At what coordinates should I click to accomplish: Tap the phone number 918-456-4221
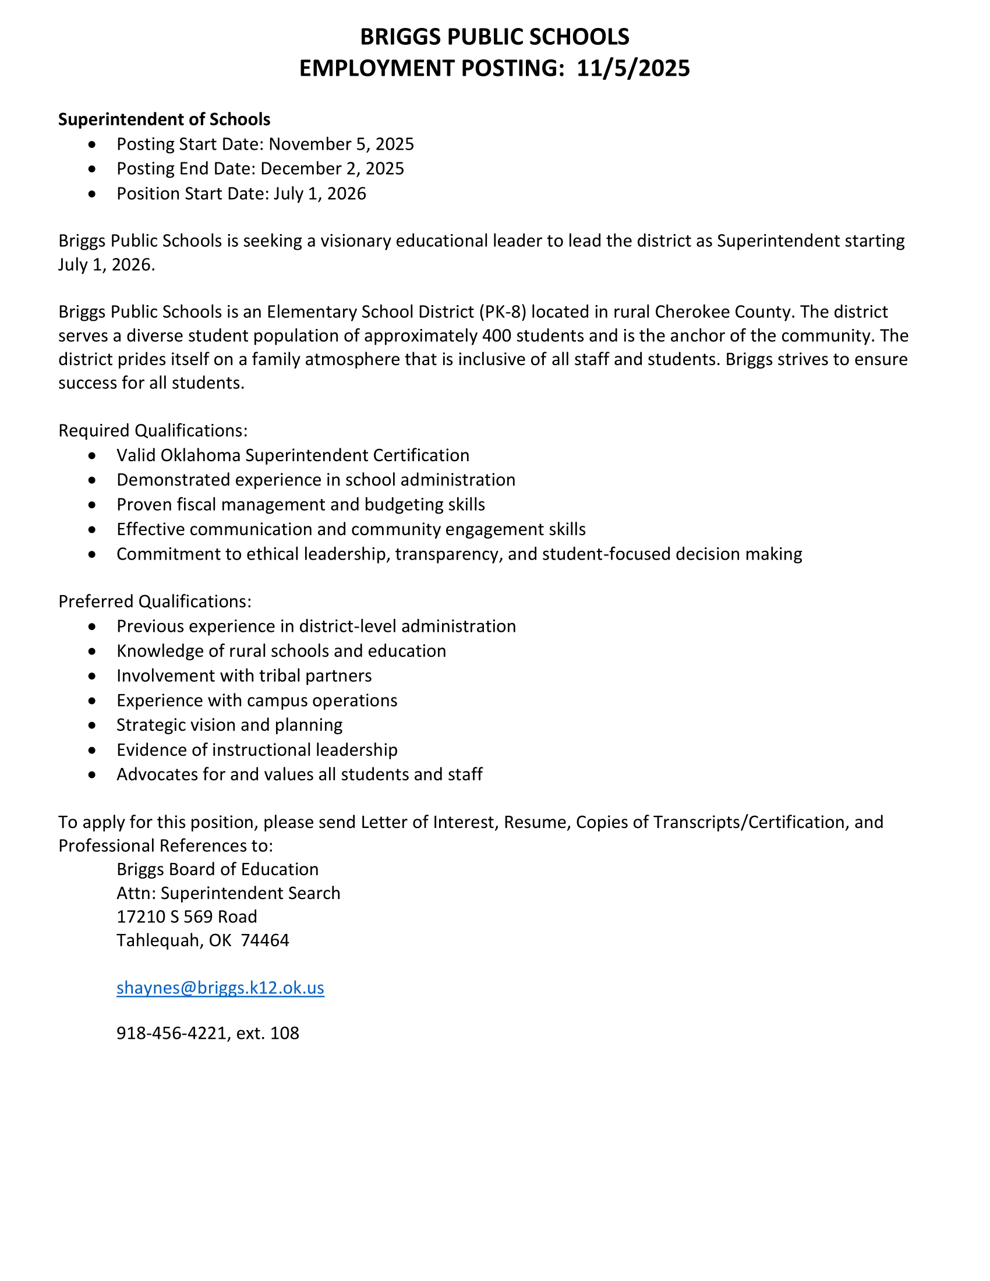174,1033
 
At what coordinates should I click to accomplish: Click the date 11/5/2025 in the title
633,69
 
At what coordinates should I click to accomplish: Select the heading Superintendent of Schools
164,119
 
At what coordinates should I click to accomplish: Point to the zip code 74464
265,940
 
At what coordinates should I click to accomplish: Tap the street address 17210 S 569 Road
186,916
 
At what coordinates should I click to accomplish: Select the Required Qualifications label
153,430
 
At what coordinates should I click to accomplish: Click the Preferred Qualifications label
155,601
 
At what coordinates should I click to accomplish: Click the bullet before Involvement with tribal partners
92,676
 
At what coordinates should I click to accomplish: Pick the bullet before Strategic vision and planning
92,726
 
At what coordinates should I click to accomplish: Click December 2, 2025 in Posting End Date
332,169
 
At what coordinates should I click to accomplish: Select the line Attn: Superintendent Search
228,893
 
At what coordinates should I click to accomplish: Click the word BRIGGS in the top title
401,37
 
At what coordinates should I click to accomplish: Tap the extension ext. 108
267,1033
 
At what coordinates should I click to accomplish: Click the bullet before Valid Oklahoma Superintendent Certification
92,456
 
